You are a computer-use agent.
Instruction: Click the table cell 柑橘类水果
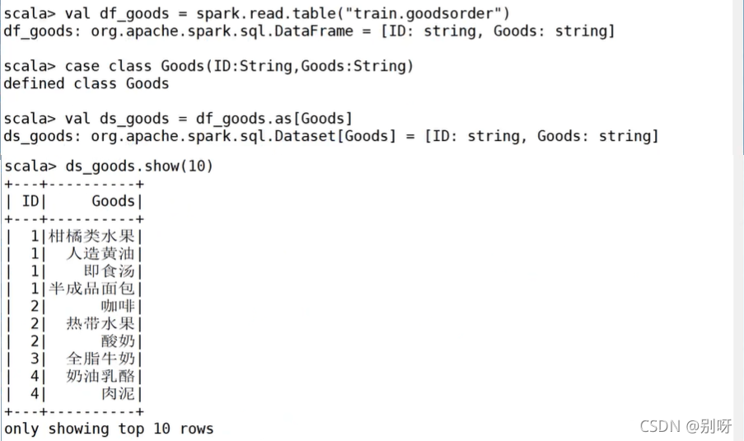[91, 236]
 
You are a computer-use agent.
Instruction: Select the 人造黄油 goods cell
[101, 254]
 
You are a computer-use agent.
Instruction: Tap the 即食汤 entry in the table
[109, 271]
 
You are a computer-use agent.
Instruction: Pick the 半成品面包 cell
[91, 289]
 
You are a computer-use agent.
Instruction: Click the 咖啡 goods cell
[118, 306]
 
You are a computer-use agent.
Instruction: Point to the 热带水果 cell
[101, 324]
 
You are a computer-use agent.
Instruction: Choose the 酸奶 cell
[118, 341]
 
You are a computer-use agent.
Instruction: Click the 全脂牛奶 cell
[101, 359]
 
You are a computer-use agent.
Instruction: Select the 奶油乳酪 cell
[101, 377]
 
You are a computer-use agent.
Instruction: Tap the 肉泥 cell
[118, 394]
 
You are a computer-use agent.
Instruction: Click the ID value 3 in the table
[35, 359]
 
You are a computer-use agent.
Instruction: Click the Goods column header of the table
[114, 201]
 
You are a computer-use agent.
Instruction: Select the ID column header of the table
[30, 201]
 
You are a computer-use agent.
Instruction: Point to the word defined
[34, 83]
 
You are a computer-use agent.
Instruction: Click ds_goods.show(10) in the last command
[139, 167]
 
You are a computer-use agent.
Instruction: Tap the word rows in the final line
[197, 429]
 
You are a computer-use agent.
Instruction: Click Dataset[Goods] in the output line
[335, 136]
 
